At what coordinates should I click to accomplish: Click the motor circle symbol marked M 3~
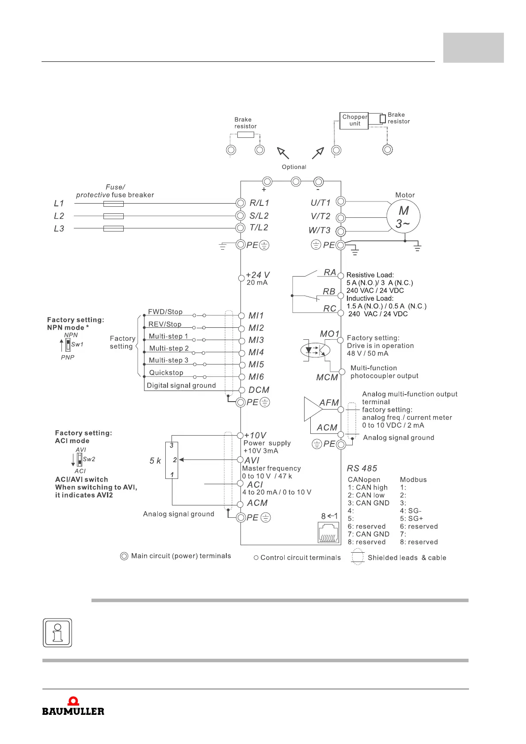coord(403,216)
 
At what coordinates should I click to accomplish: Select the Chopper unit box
coord(354,120)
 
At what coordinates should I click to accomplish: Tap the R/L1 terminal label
coord(259,203)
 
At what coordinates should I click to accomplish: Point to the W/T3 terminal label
coord(320,230)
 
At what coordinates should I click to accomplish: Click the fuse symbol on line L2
coord(113,216)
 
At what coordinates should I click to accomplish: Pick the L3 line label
coord(59,228)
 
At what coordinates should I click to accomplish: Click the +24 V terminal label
coord(258,275)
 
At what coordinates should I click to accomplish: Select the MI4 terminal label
coord(256,352)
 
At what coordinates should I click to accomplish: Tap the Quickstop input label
coord(166,372)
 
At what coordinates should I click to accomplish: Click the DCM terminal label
coord(259,390)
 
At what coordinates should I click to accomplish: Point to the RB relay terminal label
coord(329,292)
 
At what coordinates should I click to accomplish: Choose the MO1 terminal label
coord(330,334)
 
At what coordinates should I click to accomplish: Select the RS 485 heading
coord(362,468)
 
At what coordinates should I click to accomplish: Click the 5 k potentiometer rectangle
coord(172,460)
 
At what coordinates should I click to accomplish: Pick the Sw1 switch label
coord(77,345)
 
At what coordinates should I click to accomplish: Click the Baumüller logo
coord(73,706)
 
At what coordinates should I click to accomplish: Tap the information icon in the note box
coord(57,633)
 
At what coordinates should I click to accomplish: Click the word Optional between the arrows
coord(294,167)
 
